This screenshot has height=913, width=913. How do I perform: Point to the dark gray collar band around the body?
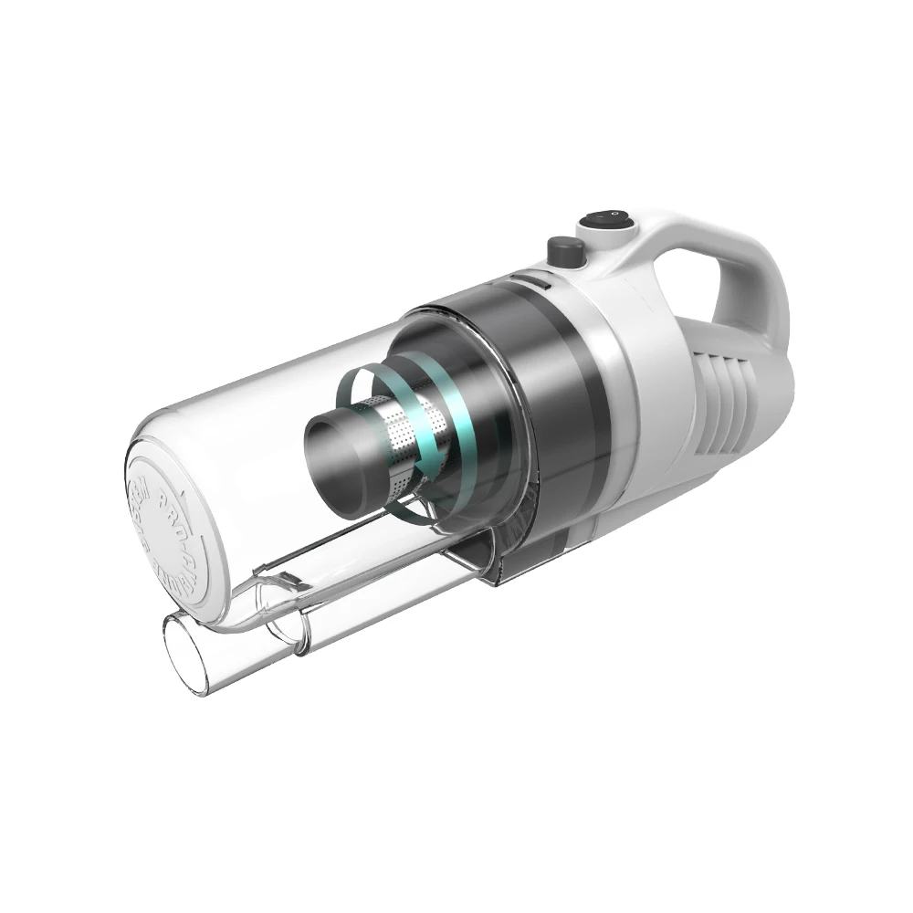(x=548, y=383)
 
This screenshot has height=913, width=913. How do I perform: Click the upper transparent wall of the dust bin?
(x=274, y=374)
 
